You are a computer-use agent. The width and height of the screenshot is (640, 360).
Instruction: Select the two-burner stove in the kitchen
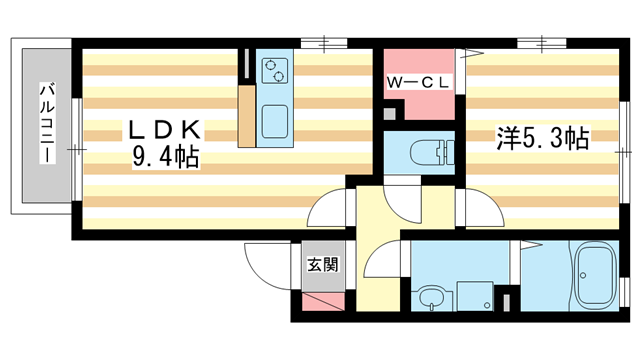pyautogui.click(x=273, y=71)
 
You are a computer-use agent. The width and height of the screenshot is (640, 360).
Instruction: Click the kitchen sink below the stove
pyautogui.click(x=274, y=118)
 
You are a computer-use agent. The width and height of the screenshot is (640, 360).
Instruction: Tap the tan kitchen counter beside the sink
pyautogui.click(x=247, y=115)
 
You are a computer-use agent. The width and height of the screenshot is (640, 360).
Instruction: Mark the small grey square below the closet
pyautogui.click(x=388, y=116)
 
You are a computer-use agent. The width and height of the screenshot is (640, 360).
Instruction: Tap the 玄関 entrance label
pyautogui.click(x=323, y=265)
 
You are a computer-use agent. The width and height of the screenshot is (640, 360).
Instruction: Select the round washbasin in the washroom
pyautogui.click(x=431, y=297)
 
